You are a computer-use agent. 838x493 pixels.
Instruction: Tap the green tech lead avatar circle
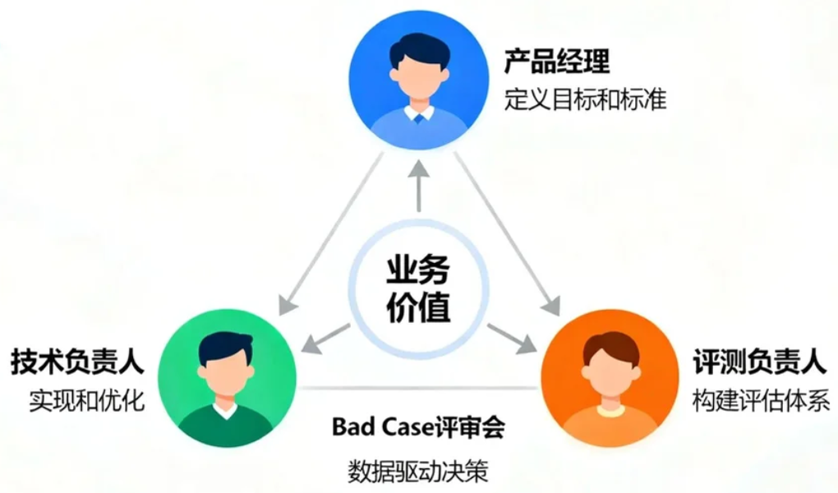(x=226, y=379)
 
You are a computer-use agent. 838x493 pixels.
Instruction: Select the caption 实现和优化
(x=87, y=400)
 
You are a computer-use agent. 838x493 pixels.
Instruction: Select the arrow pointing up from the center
(x=419, y=185)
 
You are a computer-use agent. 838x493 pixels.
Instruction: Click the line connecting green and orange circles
(x=418, y=387)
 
